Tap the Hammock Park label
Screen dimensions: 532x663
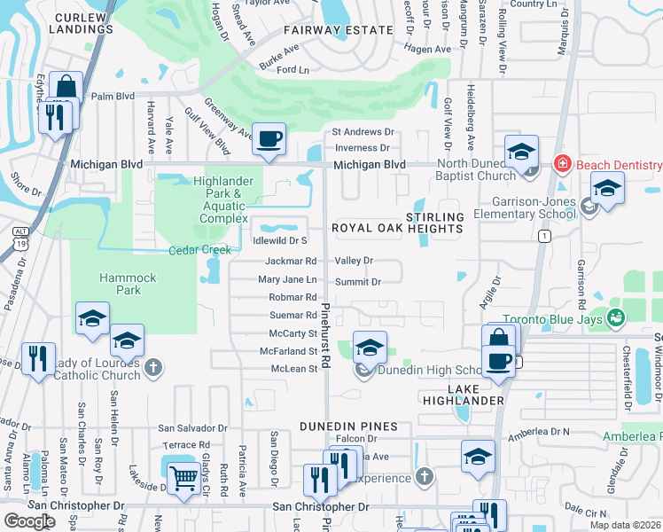127,284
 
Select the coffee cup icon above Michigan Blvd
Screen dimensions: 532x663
269,138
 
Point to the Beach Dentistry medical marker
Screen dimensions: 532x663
561,164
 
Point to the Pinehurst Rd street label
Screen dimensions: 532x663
325,335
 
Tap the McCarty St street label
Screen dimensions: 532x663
292,333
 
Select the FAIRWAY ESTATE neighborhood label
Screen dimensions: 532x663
338,30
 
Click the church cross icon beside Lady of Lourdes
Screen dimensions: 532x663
153,365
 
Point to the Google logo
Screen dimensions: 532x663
29,520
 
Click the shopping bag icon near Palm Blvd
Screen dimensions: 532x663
66,87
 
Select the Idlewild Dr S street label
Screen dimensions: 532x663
279,240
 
